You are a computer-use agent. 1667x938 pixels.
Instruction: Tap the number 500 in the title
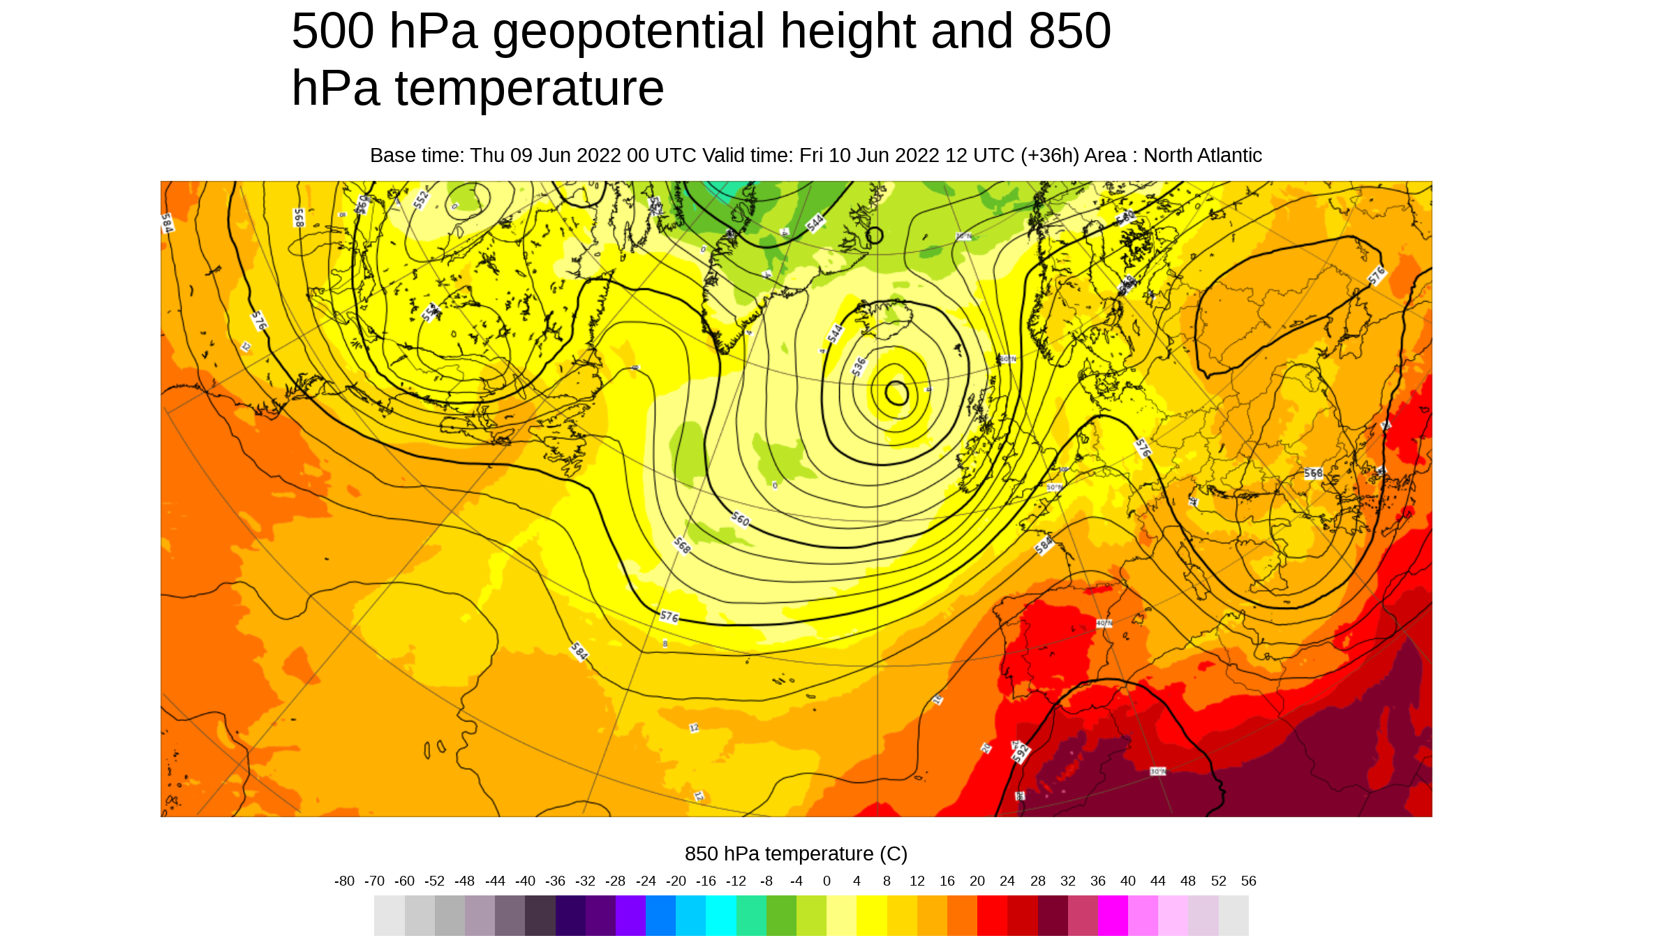332,31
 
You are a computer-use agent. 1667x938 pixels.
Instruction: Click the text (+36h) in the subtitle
1050,155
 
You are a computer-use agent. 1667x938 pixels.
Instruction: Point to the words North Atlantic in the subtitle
1202,155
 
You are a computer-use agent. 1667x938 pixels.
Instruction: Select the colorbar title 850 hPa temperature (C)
796,853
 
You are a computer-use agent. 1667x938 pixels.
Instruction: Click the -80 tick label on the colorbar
344,881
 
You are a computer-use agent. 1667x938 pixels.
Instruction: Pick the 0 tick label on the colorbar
827,881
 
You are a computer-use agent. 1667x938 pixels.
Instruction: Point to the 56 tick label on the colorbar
1248,881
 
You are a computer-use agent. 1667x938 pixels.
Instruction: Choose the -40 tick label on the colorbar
525,881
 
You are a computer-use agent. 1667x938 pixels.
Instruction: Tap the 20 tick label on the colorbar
977,881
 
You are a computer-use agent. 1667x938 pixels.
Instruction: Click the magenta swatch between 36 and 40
1113,916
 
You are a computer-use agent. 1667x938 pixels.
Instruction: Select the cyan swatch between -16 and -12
721,916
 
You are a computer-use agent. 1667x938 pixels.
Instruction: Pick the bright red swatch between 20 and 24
992,916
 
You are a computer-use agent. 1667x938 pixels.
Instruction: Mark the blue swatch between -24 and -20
660,916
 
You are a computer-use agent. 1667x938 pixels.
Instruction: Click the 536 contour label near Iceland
859,366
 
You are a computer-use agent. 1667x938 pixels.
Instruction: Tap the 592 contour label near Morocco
1021,753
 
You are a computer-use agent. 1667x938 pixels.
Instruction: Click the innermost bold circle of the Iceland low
897,393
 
